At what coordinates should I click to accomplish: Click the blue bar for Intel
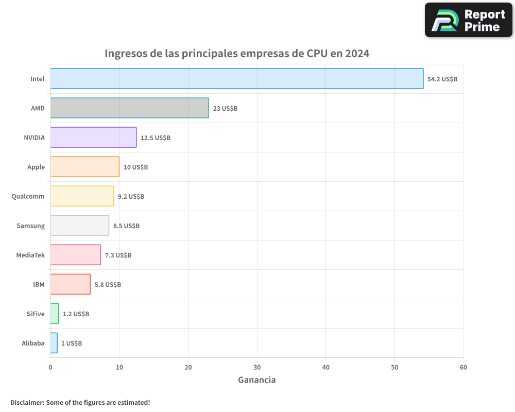(237, 79)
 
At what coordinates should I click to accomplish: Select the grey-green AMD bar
(129, 108)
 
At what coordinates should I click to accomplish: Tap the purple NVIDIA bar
(93, 138)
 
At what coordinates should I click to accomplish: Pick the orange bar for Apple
(85, 167)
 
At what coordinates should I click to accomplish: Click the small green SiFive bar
(55, 314)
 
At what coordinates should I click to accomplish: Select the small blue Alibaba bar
(54, 343)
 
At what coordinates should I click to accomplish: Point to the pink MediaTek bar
(76, 255)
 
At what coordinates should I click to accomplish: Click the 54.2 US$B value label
(442, 79)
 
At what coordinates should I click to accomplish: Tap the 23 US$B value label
(225, 109)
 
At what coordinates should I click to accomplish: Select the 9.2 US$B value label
(131, 197)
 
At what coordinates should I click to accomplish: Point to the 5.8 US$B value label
(108, 285)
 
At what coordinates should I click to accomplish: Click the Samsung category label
(31, 226)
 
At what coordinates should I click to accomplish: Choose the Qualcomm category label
(28, 196)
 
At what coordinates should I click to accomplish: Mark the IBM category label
(39, 284)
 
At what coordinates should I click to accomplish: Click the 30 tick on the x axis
(257, 368)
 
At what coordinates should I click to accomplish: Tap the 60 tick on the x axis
(463, 368)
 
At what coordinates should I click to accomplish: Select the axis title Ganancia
(256, 380)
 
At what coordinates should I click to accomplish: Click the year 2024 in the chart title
(357, 54)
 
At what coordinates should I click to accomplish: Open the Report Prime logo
(468, 20)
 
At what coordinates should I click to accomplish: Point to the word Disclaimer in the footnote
(27, 402)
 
